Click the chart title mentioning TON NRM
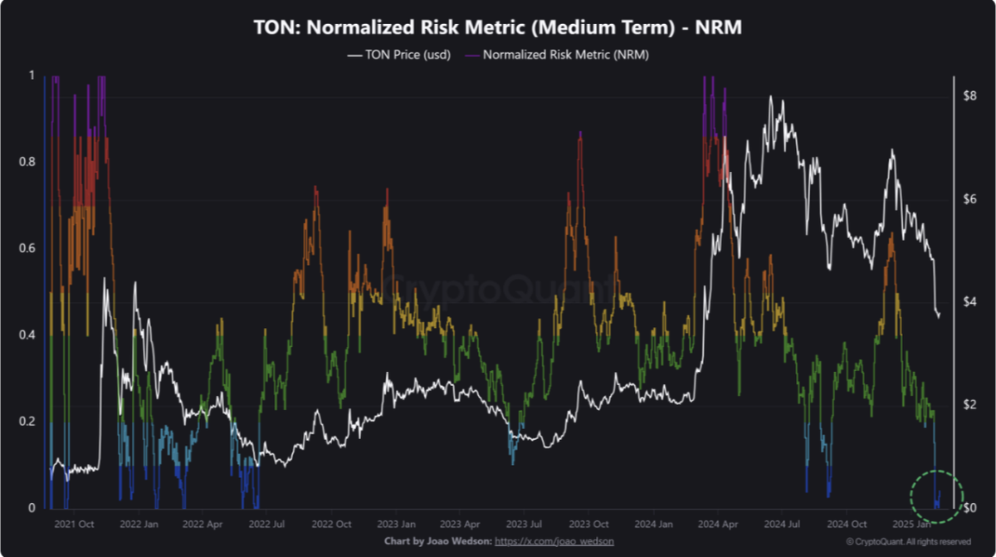click(x=497, y=27)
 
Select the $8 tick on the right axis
click(x=968, y=96)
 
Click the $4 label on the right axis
click(x=968, y=300)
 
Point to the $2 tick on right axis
click(x=968, y=404)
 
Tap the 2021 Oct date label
click(x=72, y=525)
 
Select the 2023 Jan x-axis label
click(x=397, y=525)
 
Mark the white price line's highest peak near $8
click(x=771, y=97)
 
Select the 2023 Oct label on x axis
click(x=591, y=525)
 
